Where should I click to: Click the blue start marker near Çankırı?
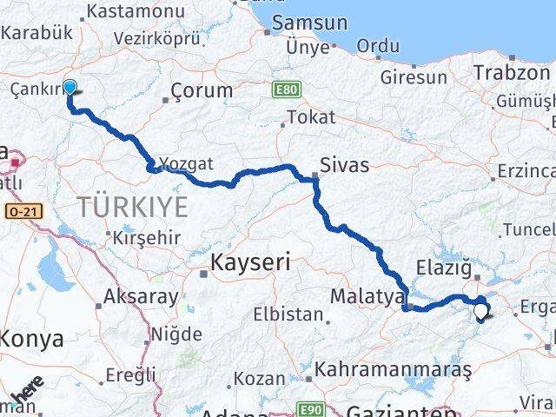pyautogui.click(x=69, y=87)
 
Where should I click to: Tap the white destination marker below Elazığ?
pyautogui.click(x=480, y=309)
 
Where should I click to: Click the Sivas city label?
pyautogui.click(x=344, y=165)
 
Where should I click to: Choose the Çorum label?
pyautogui.click(x=202, y=90)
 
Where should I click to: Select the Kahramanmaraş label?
pyautogui.click(x=393, y=369)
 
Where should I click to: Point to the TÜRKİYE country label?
pyautogui.click(x=132, y=207)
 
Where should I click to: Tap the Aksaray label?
pyautogui.click(x=141, y=297)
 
